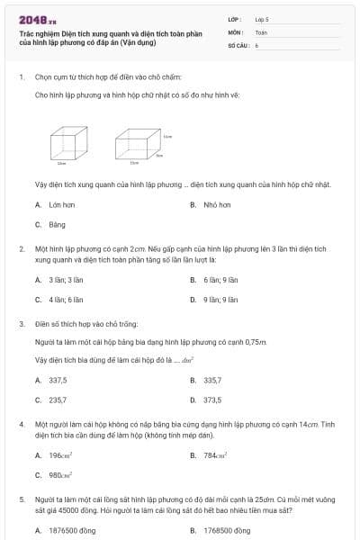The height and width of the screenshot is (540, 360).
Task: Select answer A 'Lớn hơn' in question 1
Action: (58, 205)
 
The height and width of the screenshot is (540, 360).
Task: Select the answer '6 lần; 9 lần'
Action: (220, 280)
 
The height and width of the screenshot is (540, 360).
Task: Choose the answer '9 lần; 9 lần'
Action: (220, 300)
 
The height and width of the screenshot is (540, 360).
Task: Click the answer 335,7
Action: (212, 380)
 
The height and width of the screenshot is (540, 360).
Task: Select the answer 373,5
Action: (212, 400)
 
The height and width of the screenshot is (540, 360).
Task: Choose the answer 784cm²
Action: (216, 454)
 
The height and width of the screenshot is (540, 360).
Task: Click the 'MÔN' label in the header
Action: (237, 31)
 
